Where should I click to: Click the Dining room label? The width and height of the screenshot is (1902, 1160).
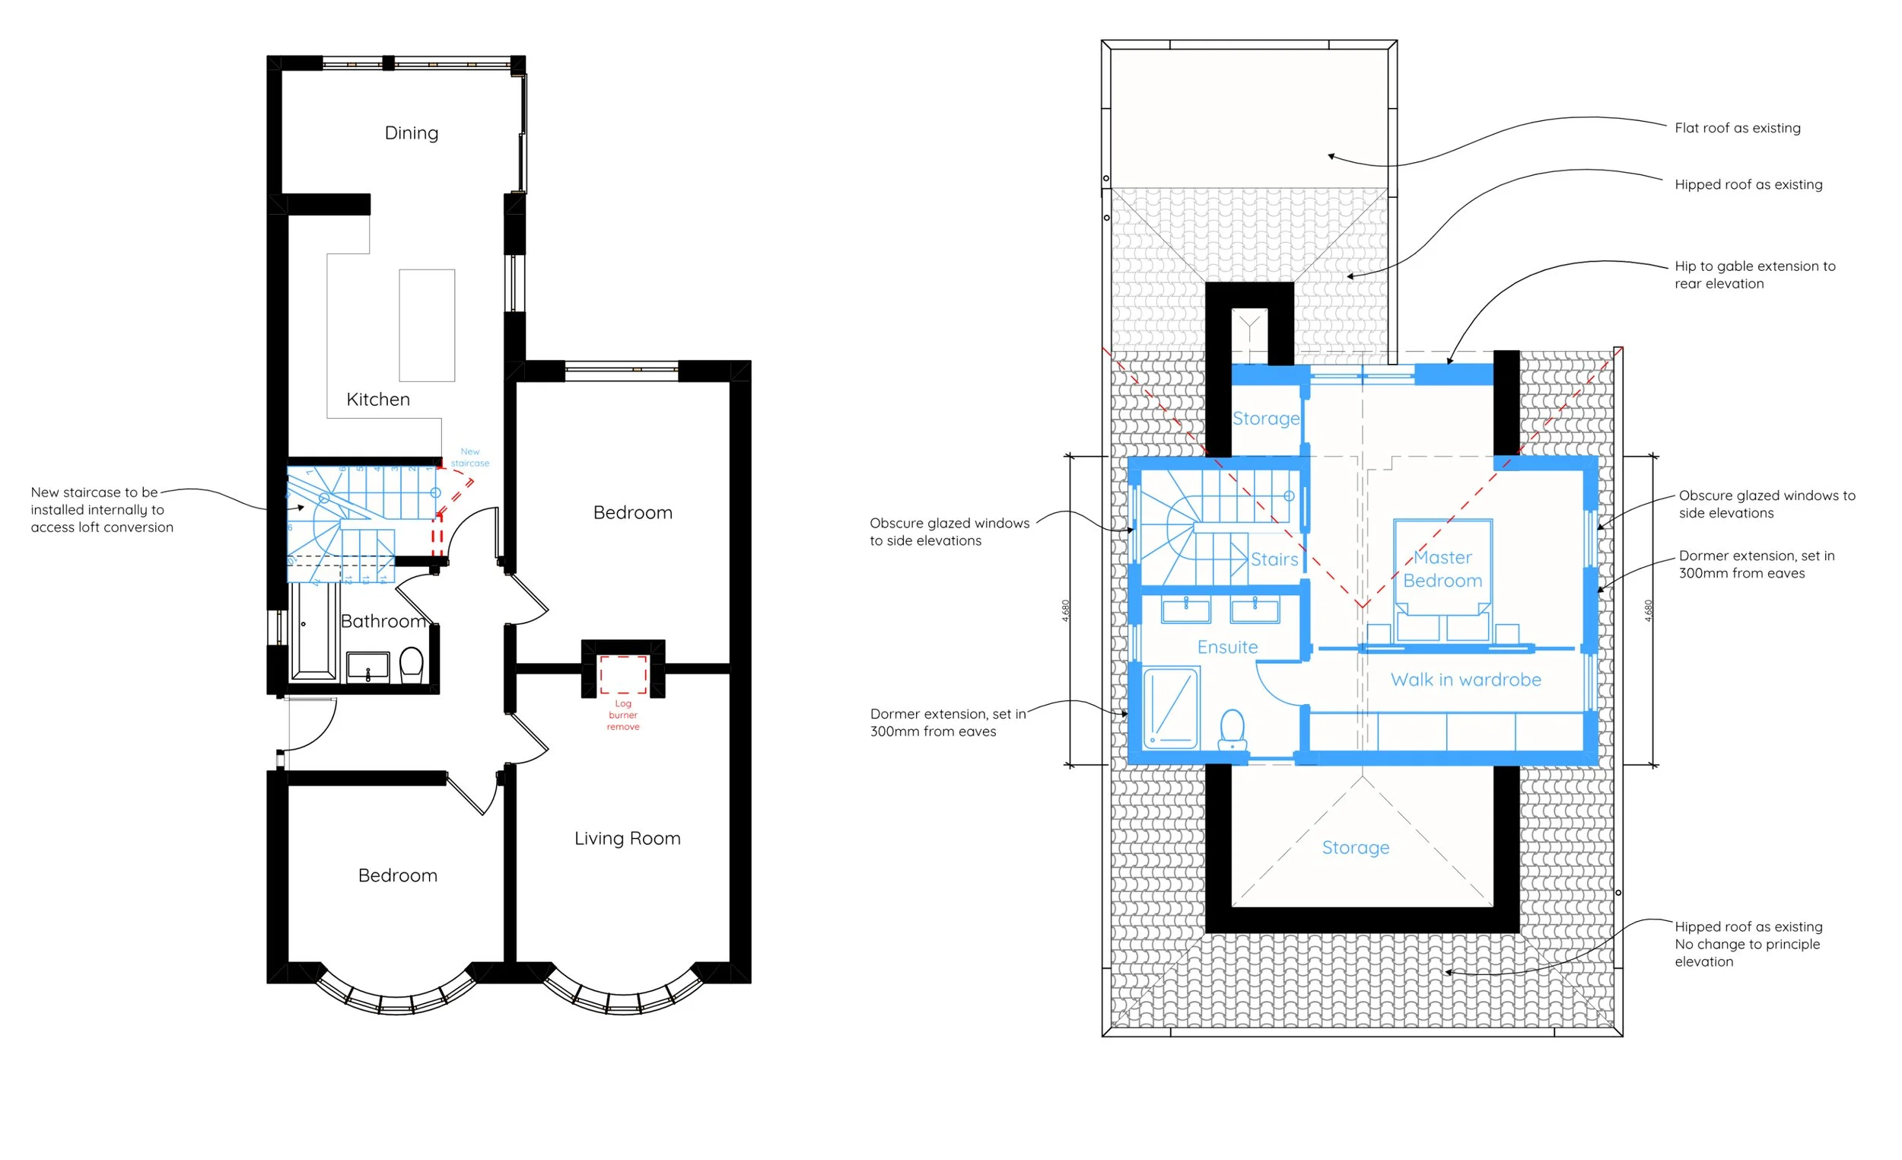[x=412, y=133]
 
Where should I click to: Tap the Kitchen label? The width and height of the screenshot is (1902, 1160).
[x=377, y=400]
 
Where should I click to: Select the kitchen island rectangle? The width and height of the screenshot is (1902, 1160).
[x=427, y=325]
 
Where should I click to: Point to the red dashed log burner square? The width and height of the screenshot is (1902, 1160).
[x=623, y=674]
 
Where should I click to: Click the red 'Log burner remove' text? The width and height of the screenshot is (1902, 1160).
[x=623, y=715]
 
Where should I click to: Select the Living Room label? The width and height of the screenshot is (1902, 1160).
[x=627, y=839]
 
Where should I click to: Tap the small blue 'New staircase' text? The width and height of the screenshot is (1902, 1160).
[x=469, y=457]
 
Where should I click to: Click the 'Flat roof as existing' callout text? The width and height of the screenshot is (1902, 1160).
[x=1737, y=128]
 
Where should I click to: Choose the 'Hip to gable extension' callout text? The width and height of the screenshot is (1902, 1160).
[x=1754, y=275]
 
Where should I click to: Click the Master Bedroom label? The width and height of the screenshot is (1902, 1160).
[x=1442, y=569]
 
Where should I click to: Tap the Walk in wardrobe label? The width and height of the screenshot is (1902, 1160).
[x=1465, y=680]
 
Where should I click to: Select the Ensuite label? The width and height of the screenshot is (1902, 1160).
[x=1227, y=647]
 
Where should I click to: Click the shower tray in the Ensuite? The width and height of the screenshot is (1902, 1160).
[x=1171, y=708]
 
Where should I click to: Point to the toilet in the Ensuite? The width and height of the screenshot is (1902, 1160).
[x=1232, y=730]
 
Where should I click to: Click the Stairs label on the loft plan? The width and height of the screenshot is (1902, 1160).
[x=1274, y=559]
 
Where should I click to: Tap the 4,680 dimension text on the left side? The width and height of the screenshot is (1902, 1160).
[x=1066, y=610]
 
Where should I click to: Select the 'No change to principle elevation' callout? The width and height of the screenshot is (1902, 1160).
[x=1747, y=944]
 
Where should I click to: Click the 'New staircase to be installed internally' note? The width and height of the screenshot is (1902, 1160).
[x=102, y=510]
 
